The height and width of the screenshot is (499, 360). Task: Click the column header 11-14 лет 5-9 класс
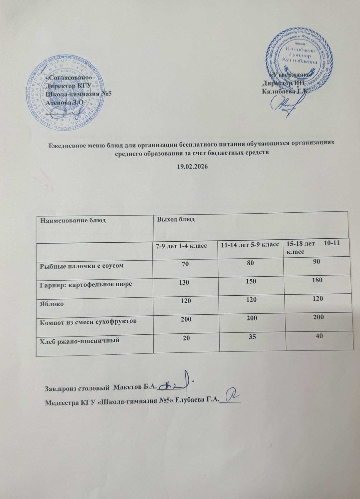(250, 245)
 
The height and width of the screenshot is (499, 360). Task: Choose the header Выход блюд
(176, 219)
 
